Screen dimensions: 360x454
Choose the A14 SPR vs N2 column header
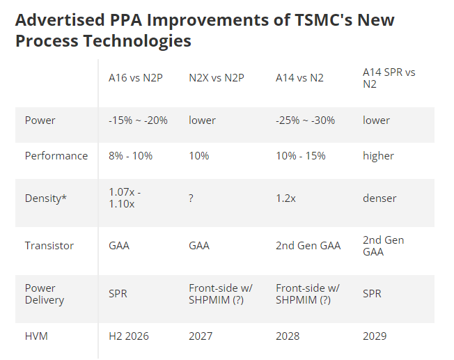click(389, 78)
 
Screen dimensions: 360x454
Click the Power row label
click(40, 120)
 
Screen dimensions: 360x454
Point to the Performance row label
click(56, 156)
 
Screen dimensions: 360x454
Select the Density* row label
click(46, 198)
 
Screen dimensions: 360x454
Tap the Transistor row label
click(49, 246)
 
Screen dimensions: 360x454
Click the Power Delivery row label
click(45, 294)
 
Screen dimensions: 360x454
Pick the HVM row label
click(38, 336)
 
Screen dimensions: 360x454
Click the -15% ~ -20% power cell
click(138, 120)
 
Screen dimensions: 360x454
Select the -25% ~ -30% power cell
click(306, 120)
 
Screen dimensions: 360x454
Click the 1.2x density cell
click(286, 198)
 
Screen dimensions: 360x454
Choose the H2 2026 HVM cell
click(129, 336)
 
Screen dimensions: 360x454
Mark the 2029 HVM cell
click(375, 336)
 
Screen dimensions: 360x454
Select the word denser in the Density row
click(379, 198)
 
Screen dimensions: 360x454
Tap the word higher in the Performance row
click(378, 156)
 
